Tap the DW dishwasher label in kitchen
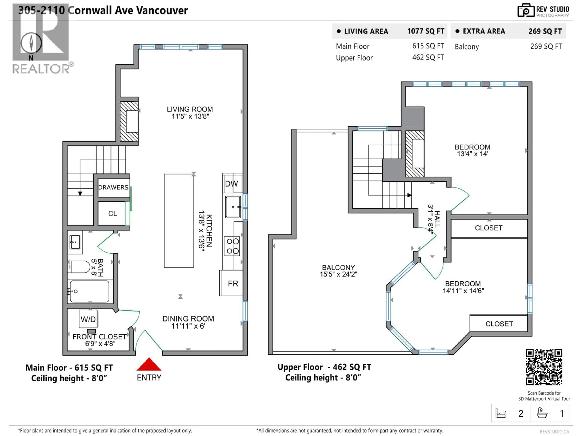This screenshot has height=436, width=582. click(232, 184)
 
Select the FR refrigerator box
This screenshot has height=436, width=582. click(233, 283)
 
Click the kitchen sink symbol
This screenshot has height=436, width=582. click(233, 207)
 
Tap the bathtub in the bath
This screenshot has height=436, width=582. click(89, 291)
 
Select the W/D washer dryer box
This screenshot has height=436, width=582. click(88, 319)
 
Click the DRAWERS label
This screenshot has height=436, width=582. click(113, 187)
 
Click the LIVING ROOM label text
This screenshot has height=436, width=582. click(190, 112)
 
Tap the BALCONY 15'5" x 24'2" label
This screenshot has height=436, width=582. click(338, 271)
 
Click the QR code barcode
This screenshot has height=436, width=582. click(544, 367)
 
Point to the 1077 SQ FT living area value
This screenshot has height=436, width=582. click(425, 31)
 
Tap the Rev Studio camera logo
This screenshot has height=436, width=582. click(526, 10)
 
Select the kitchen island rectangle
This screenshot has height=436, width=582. click(179, 220)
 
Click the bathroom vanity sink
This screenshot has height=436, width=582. click(75, 242)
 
